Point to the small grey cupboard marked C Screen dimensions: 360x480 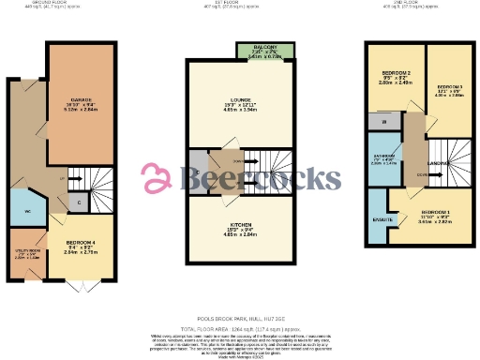point(79,200)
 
